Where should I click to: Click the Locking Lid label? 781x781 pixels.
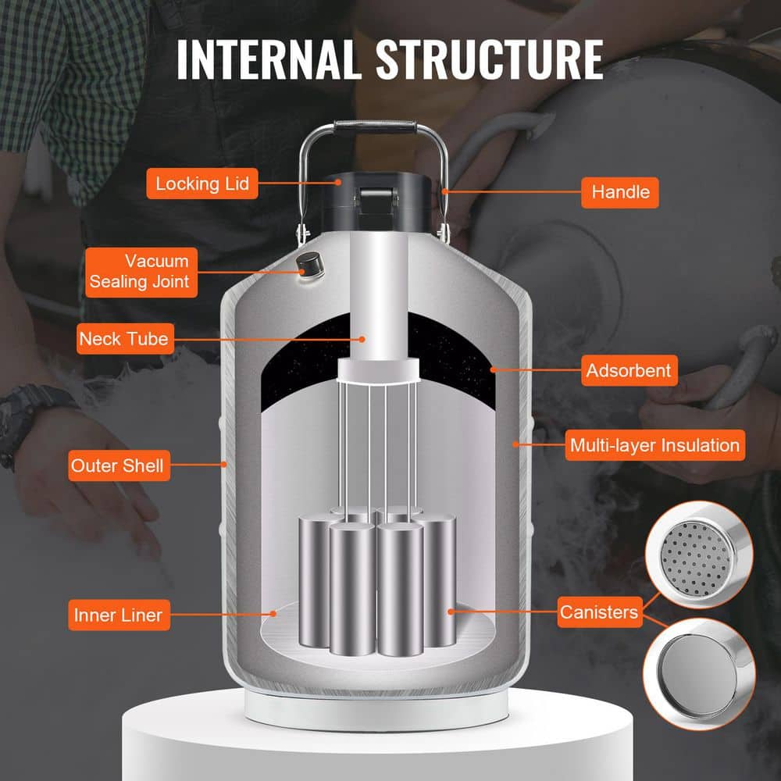coord(202,184)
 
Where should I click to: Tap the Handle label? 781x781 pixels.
coord(620,191)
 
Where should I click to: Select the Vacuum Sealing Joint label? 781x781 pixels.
coord(140,271)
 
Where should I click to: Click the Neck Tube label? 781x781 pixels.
coord(123,339)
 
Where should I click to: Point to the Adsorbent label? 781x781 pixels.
coord(629,370)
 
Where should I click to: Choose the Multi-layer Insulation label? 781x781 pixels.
coord(654,446)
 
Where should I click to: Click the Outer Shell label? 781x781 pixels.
coord(118,466)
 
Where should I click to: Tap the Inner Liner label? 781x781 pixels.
coord(118,615)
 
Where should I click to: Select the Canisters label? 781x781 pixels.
coord(599,612)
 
